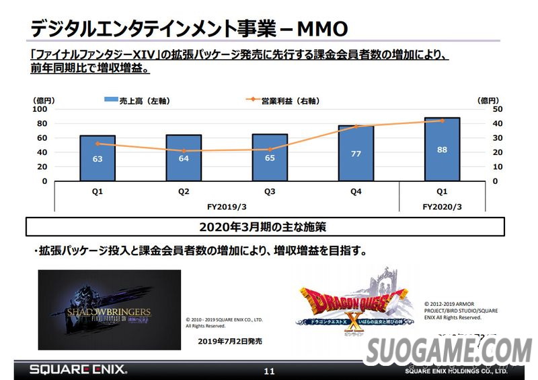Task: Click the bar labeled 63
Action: [x=98, y=158]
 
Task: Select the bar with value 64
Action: [x=184, y=158]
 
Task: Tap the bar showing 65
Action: [x=270, y=158]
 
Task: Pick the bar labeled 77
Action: [x=356, y=154]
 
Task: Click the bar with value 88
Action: [x=442, y=150]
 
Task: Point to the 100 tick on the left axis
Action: [x=40, y=109]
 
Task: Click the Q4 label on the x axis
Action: [x=356, y=191]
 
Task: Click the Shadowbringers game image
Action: [x=109, y=300]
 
